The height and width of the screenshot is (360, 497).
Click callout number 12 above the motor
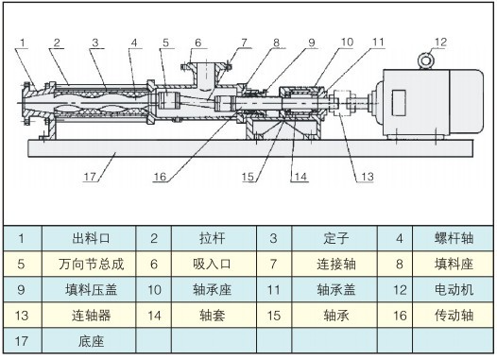click(440, 43)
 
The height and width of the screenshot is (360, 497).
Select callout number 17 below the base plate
click(90, 176)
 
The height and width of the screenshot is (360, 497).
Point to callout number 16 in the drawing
click(160, 177)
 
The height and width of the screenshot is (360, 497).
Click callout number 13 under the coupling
click(368, 177)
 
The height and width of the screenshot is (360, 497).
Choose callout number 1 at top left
click(22, 43)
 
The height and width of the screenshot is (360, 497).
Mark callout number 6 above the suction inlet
click(198, 43)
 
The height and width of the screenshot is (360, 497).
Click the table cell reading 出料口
click(91, 238)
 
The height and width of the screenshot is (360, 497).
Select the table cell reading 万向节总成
click(91, 264)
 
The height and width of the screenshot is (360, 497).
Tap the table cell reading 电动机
click(454, 290)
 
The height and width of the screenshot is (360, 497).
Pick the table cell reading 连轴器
click(91, 316)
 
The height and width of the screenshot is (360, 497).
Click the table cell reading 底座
click(91, 341)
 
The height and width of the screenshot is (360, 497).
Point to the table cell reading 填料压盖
click(91, 290)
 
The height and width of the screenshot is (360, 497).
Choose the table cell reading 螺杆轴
click(454, 238)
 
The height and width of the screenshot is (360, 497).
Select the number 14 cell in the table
click(154, 316)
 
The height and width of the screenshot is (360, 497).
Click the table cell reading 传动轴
click(454, 316)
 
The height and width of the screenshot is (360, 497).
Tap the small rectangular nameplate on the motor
click(399, 103)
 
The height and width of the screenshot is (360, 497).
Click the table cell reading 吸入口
click(212, 264)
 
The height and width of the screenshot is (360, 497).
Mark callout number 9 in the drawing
click(311, 43)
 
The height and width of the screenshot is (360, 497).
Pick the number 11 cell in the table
click(274, 290)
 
